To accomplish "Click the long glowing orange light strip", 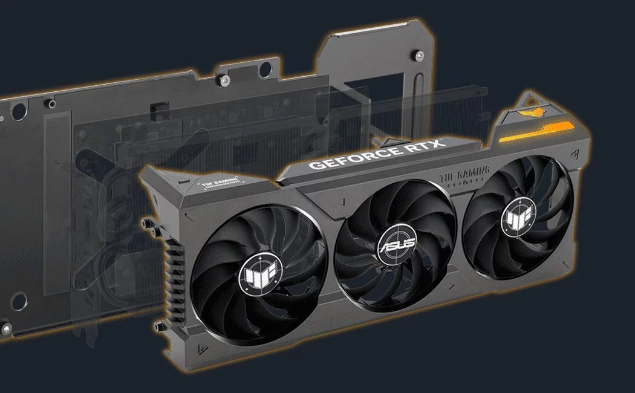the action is pyautogui.click(x=536, y=132).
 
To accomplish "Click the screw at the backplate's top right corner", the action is pyautogui.click(x=418, y=54).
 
